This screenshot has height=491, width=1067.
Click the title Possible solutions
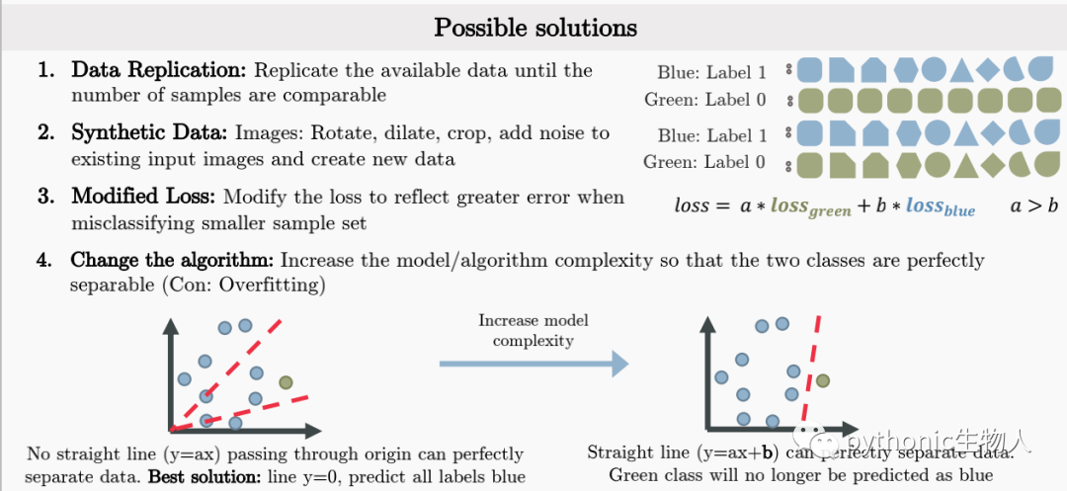click(535, 27)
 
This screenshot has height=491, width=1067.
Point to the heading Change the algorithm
click(173, 261)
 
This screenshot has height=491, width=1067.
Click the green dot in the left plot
click(286, 382)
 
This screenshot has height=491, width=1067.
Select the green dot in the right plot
click(822, 380)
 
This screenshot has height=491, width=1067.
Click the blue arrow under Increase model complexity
click(533, 364)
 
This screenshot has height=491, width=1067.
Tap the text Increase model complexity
click(533, 331)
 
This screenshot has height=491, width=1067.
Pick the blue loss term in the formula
click(940, 206)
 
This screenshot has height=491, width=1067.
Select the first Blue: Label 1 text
click(711, 72)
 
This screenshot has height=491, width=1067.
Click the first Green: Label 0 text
click(704, 100)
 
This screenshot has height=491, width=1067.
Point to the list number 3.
click(45, 197)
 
